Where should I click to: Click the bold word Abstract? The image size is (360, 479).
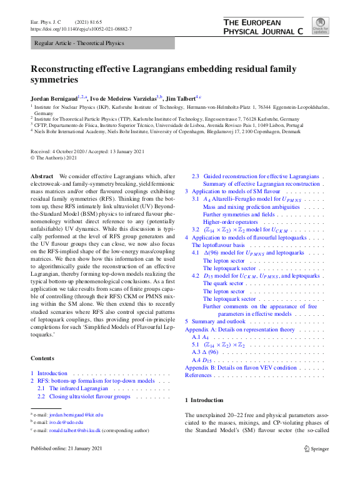42,177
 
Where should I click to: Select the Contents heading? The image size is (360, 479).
43,358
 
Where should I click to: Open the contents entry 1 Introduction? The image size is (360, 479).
52,373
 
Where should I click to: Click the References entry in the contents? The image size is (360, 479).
199,375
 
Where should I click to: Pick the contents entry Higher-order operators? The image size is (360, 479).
230,222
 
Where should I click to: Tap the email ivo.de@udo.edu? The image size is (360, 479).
66,422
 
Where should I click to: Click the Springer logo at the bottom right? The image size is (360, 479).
316,448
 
